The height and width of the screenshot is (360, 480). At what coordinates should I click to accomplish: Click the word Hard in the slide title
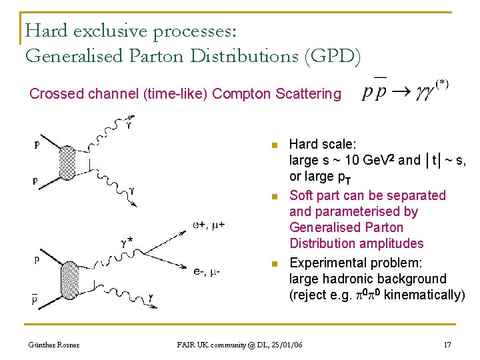pos(46,31)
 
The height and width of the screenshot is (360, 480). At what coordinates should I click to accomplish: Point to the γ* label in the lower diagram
pos(127,243)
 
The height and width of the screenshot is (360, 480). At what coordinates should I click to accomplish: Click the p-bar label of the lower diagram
pos(34,299)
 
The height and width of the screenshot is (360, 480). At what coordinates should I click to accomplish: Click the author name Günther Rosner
pos(53,345)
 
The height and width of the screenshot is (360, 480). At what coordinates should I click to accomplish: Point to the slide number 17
pos(447,345)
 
